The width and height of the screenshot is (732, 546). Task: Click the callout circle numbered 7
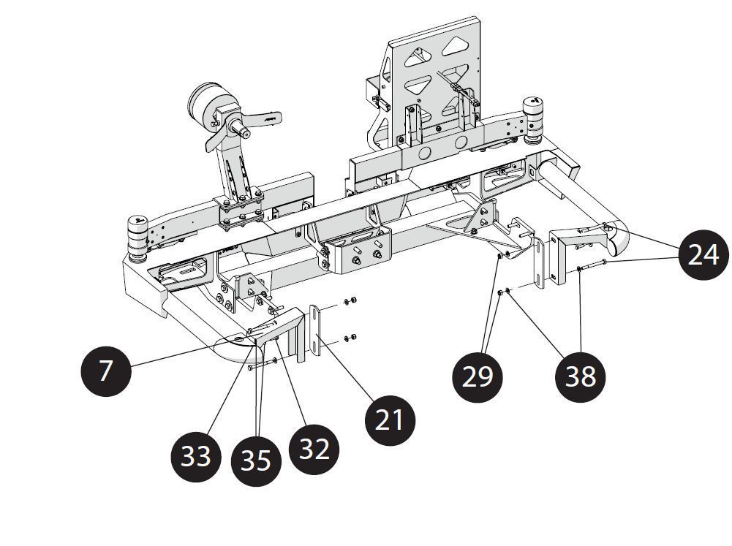106,370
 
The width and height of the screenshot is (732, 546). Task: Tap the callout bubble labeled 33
195,455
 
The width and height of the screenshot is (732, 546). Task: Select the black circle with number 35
256,460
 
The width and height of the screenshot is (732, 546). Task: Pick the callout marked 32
314,449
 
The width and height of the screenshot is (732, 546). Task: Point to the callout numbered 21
390,420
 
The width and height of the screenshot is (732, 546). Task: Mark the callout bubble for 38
581,376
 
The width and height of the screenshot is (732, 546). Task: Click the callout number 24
703,255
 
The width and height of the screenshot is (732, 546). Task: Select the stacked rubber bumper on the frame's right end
534,115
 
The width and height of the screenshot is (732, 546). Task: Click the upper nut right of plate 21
350,301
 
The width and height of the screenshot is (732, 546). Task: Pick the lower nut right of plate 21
350,337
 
